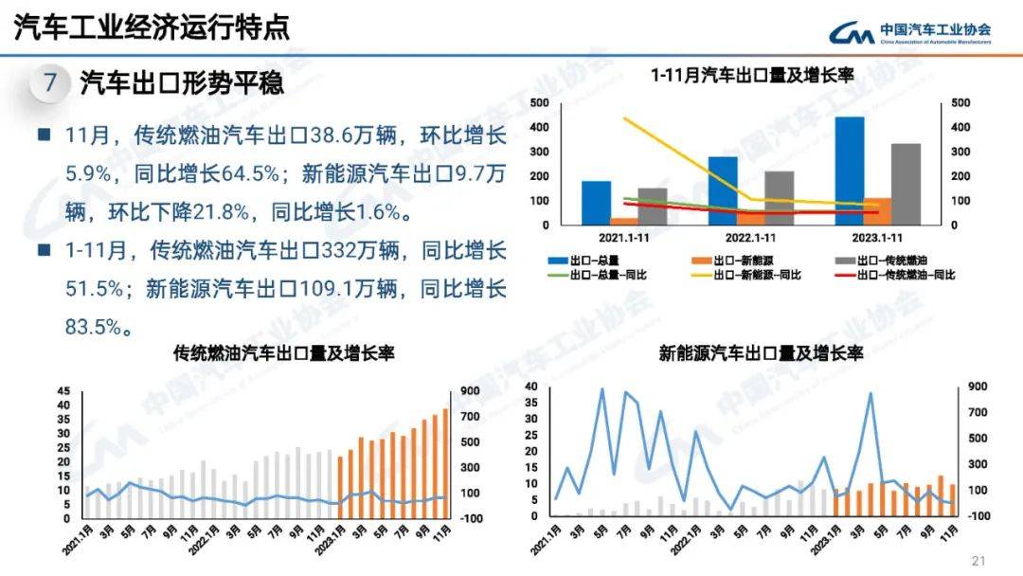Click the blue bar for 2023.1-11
pos(850,171)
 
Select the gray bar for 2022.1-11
pos(779,198)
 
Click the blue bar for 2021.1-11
pos(596,203)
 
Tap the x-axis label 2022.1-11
pos(751,237)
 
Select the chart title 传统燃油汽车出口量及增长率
pos(284,353)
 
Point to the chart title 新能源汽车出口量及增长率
pos(762,353)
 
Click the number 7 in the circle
pos(50,83)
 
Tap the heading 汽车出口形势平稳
pos(182,83)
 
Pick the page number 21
pos(979,559)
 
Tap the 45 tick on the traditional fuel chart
pos(63,391)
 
